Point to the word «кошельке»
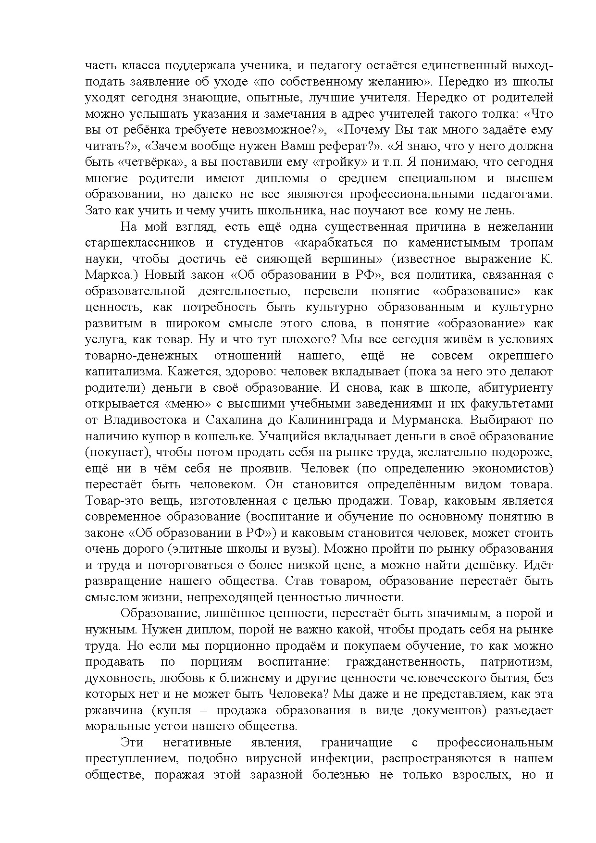point(214,436)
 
